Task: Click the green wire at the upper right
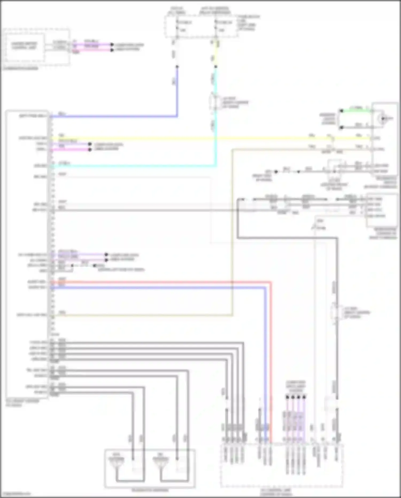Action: [x=356, y=110]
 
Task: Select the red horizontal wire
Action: [x=160, y=282]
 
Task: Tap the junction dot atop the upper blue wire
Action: [x=177, y=67]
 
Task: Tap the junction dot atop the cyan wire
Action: [x=215, y=67]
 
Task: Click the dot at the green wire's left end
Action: [x=341, y=111]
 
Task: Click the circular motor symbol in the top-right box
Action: [x=383, y=118]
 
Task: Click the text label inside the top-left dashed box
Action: [x=24, y=46]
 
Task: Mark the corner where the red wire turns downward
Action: [x=271, y=282]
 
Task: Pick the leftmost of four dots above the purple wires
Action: [x=287, y=397]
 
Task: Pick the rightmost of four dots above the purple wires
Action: [x=304, y=397]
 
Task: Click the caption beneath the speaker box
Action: [x=150, y=490]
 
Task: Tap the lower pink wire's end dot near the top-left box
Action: [x=112, y=50]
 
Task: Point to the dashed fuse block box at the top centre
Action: [x=200, y=26]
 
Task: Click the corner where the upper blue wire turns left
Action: [x=177, y=116]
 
